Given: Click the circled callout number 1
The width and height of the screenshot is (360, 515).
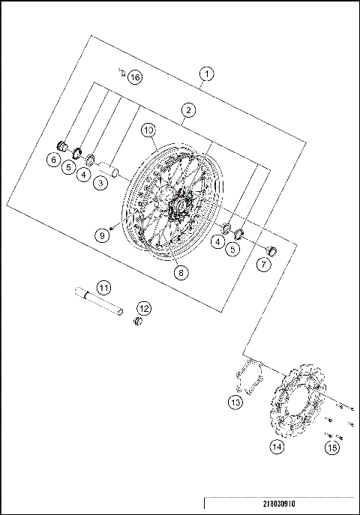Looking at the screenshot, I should pyautogui.click(x=207, y=73).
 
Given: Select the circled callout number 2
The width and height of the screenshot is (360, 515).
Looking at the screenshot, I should pyautogui.click(x=189, y=110).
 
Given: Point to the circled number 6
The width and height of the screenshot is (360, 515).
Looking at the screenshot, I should pyautogui.click(x=54, y=160).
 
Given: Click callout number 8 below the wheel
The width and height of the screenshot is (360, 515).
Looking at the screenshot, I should pyautogui.click(x=181, y=274).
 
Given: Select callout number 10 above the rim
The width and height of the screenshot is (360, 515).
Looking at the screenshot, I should pyautogui.click(x=149, y=130).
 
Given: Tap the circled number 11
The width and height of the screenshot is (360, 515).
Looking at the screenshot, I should pyautogui.click(x=103, y=287).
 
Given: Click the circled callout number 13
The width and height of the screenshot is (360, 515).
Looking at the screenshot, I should pyautogui.click(x=235, y=403).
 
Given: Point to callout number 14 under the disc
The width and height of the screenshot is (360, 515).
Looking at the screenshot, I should pyautogui.click(x=277, y=448).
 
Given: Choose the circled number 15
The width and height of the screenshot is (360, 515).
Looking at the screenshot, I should pyautogui.click(x=331, y=448).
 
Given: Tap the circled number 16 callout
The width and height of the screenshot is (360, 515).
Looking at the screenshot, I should pyautogui.click(x=133, y=77).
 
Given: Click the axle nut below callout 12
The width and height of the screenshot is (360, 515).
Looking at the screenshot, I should pyautogui.click(x=137, y=322).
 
